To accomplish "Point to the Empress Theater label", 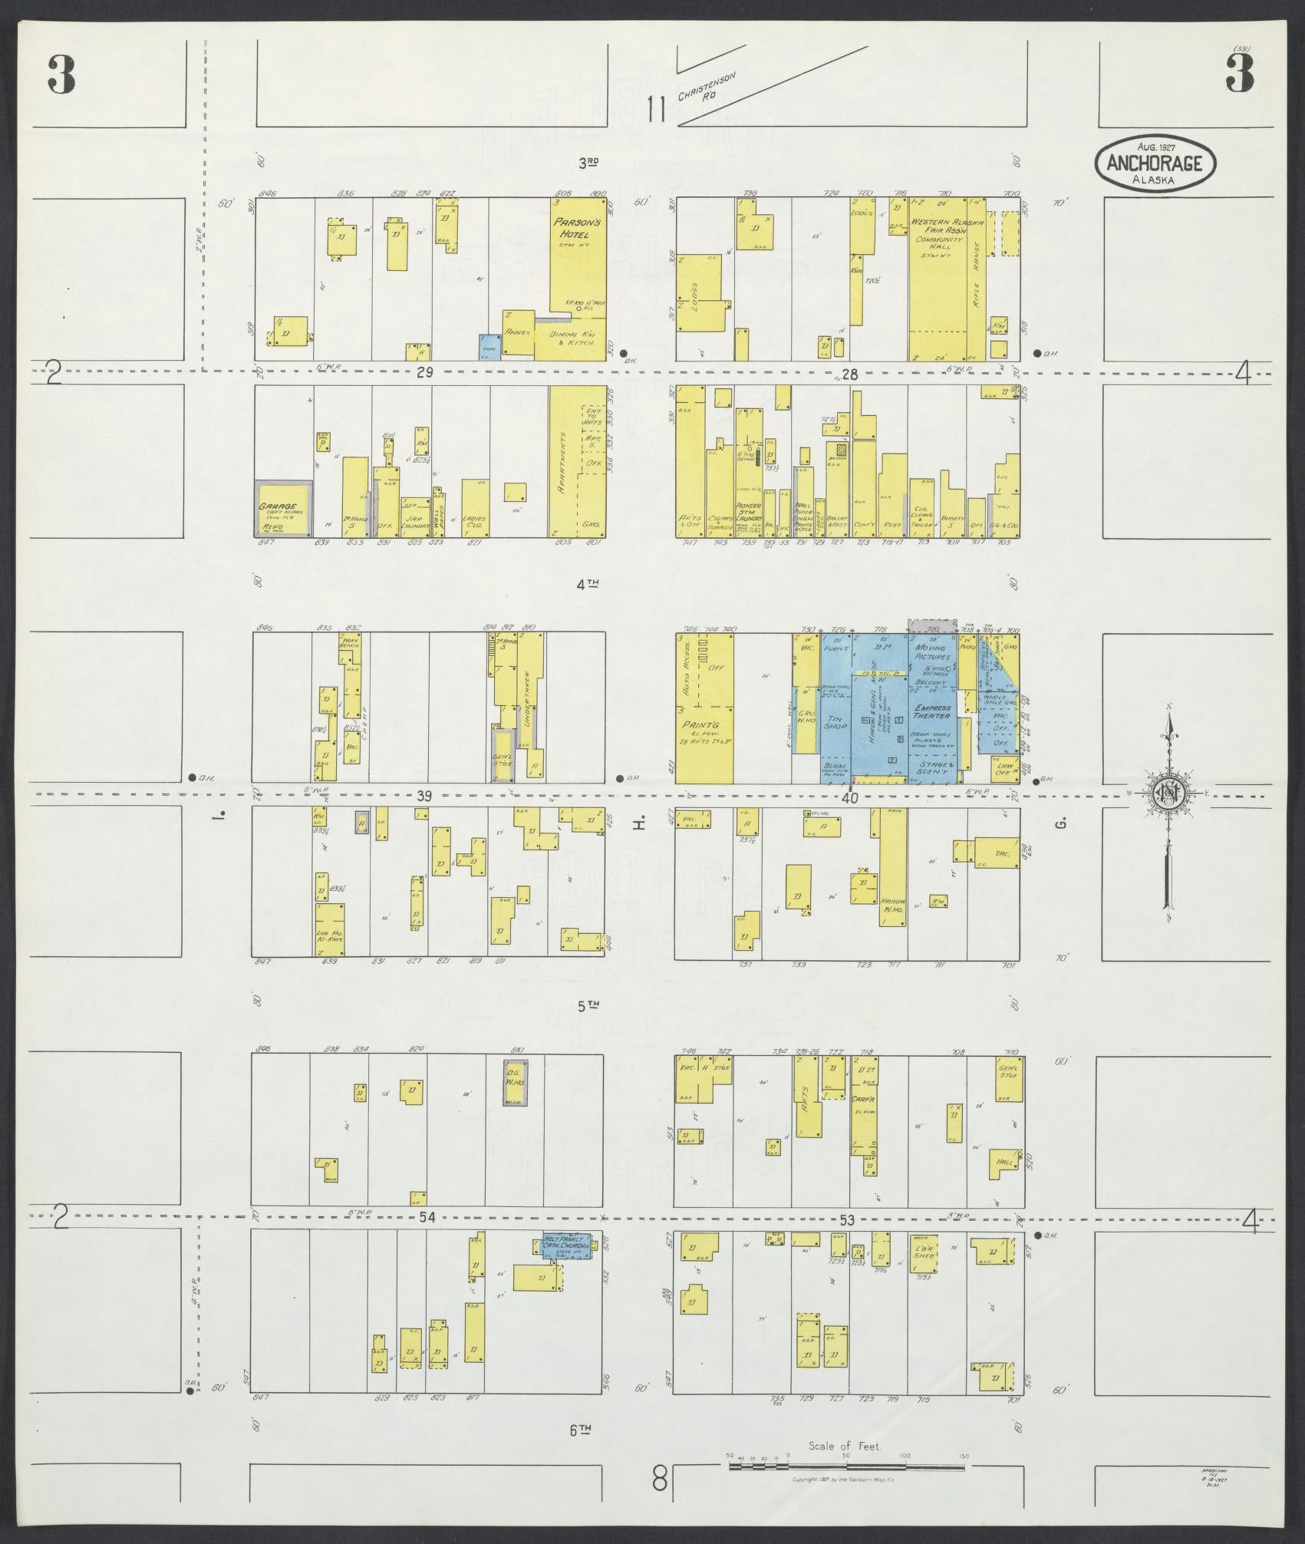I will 932,711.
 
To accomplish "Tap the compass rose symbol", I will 1167,797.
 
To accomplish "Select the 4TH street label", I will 588,584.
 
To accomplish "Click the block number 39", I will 423,797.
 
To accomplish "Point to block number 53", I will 847,1219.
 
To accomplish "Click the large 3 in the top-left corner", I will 61,75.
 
